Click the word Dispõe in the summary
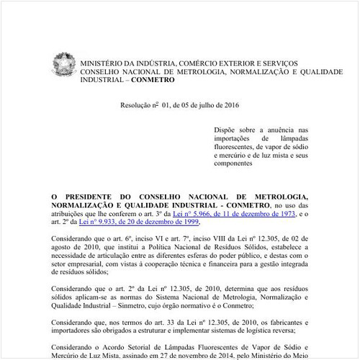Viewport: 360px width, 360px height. point(225,130)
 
